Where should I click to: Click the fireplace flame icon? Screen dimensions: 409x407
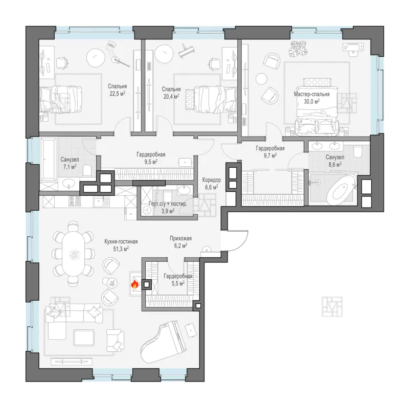134,284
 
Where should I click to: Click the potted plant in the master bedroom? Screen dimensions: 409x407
298,48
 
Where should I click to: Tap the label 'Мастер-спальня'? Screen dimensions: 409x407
312,94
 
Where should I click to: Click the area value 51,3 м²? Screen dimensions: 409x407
121,249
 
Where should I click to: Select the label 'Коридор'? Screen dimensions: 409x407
211,180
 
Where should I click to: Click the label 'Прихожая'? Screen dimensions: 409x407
181,238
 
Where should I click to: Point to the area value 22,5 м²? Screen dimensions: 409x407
118,94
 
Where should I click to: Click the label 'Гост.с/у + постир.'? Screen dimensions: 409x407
168,204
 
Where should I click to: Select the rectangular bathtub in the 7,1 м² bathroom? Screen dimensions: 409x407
48,160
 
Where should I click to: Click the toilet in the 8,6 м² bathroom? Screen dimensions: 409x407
357,151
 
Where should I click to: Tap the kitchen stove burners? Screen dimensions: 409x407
75,200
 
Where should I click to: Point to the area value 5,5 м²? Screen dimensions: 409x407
178,283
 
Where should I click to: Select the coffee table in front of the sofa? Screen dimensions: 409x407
84,337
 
